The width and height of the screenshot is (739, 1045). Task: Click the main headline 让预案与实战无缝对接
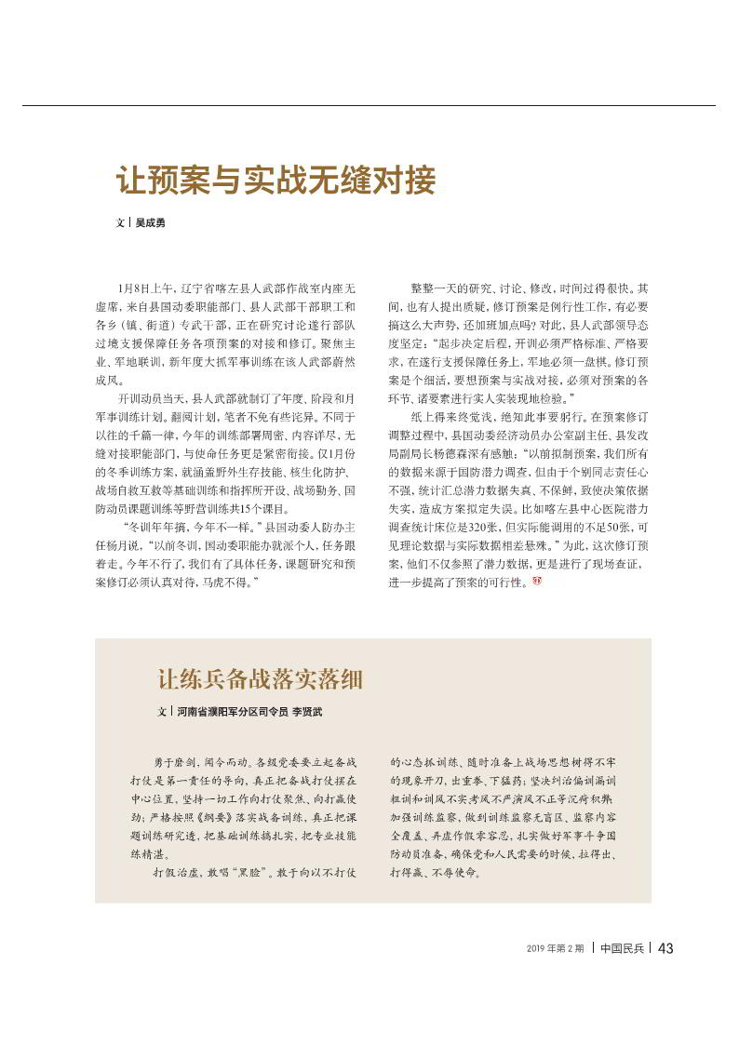(x=275, y=181)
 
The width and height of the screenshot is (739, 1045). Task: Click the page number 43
(x=665, y=948)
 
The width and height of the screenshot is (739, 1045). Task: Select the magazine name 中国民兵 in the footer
(x=622, y=948)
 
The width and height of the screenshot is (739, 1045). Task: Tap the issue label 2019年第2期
(x=555, y=949)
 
